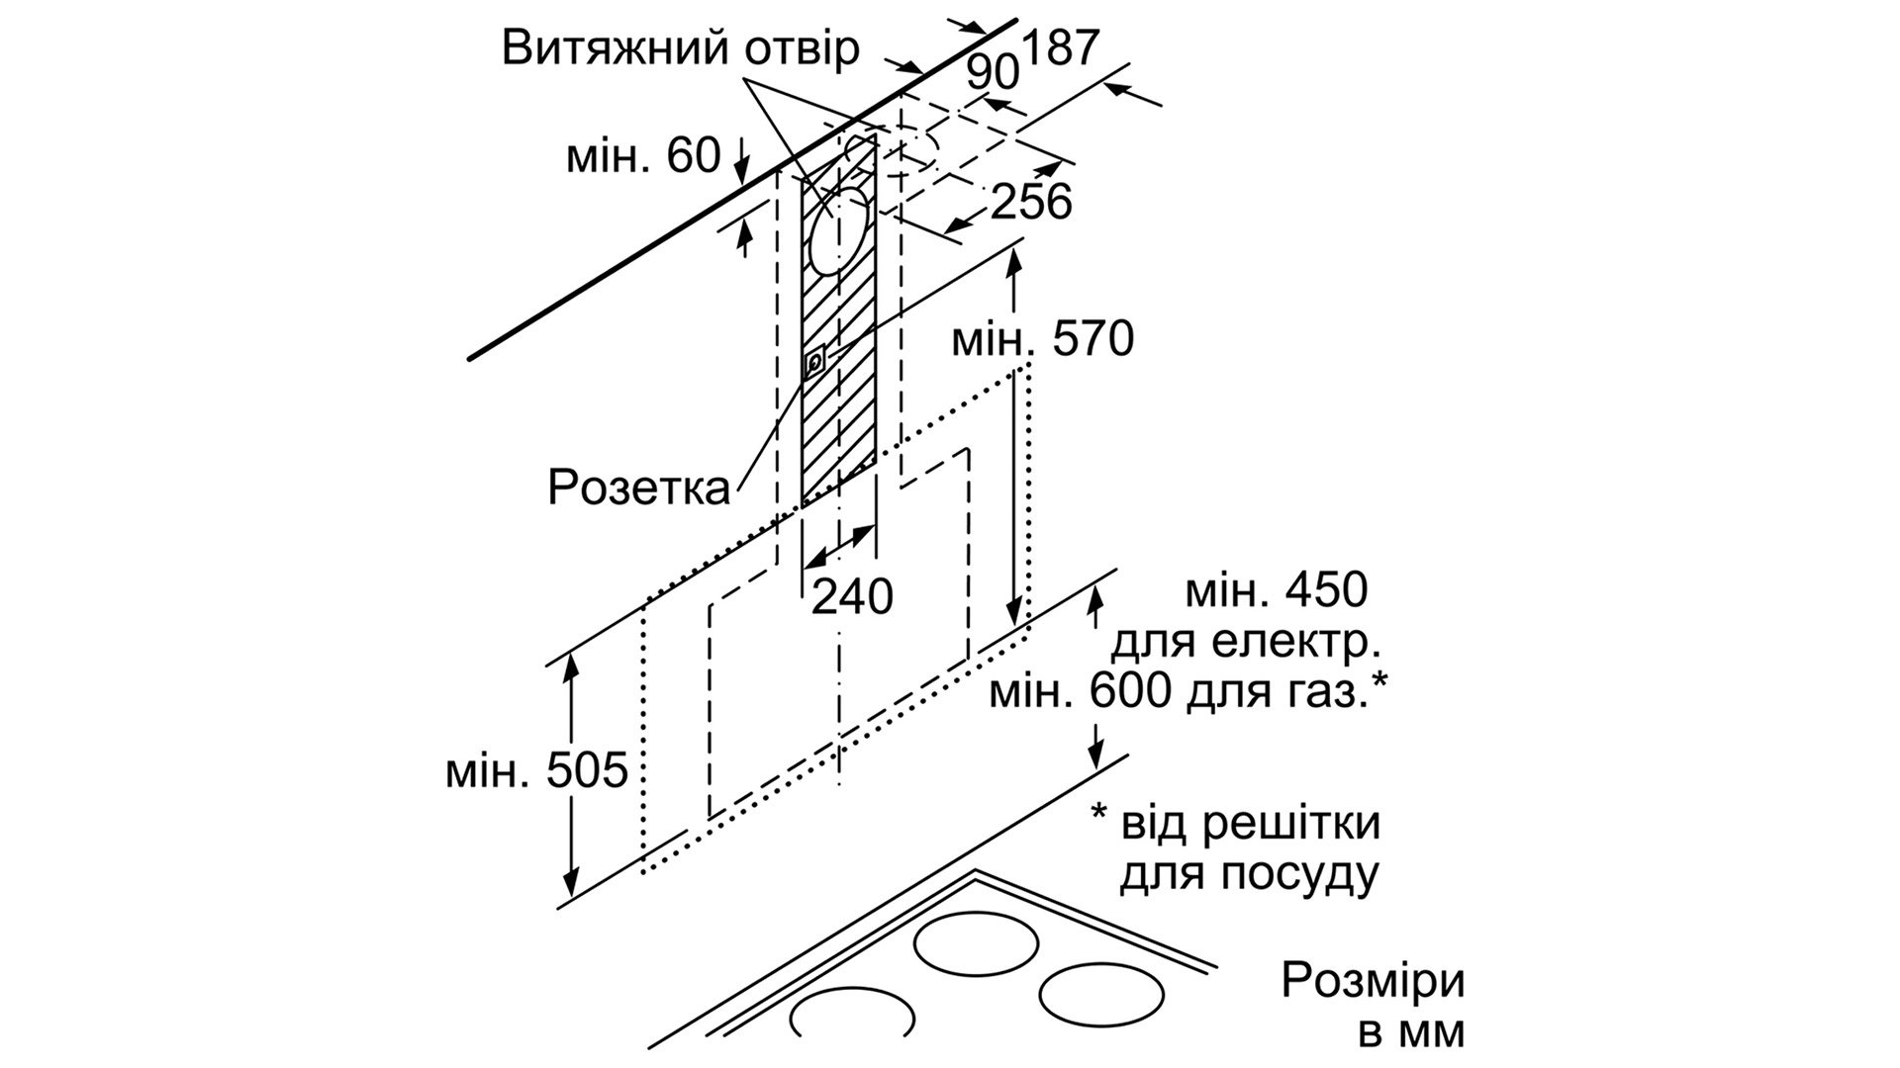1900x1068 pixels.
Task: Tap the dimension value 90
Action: click(993, 73)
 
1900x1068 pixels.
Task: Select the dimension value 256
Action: click(1031, 202)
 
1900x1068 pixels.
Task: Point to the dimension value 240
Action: click(852, 596)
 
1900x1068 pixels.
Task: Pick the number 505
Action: click(587, 770)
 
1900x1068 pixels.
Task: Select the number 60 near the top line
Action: click(692, 156)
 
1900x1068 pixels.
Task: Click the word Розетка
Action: click(639, 488)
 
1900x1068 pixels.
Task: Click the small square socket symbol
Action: click(813, 362)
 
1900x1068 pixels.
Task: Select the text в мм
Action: click(1410, 1032)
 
